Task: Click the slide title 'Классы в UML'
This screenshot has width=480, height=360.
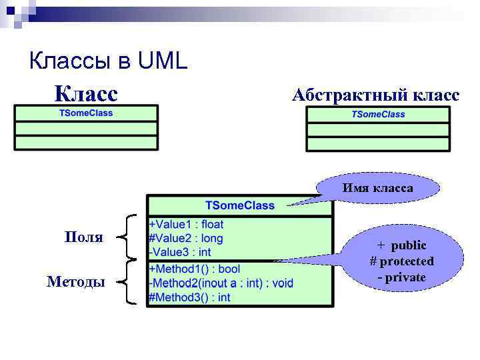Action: tap(109, 62)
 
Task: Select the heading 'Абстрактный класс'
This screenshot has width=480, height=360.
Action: tap(375, 95)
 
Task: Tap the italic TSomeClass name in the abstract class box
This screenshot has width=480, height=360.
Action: tap(378, 114)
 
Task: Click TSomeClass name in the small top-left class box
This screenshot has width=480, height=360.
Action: tap(86, 113)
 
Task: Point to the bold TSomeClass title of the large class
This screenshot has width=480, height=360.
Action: tap(239, 205)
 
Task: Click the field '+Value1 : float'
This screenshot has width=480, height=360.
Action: tap(187, 225)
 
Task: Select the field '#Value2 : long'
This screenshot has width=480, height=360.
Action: tap(186, 238)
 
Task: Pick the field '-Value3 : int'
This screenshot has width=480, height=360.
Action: tap(180, 252)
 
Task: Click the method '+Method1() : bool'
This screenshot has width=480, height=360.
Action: tap(194, 269)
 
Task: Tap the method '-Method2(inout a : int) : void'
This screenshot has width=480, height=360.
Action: tap(221, 283)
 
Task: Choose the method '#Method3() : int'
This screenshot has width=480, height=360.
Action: tap(189, 297)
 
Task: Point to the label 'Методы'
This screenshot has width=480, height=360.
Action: tap(75, 282)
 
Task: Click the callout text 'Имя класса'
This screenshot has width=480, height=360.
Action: tap(377, 188)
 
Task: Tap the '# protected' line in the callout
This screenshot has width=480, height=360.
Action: tap(401, 261)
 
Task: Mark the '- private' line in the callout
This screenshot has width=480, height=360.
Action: tap(401, 277)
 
